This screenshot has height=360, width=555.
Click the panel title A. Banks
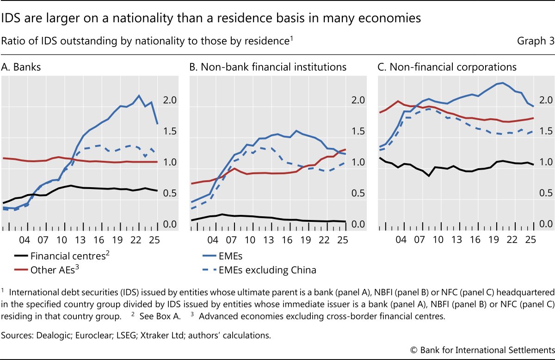(21, 67)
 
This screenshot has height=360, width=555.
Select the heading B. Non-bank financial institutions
(268, 67)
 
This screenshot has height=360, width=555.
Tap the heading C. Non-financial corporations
(447, 67)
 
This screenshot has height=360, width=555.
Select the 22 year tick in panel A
(136, 240)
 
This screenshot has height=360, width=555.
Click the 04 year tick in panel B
(213, 240)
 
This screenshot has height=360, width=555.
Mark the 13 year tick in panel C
(456, 240)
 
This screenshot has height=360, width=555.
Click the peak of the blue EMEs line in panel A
(139, 96)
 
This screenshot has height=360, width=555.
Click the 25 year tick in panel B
(343, 240)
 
